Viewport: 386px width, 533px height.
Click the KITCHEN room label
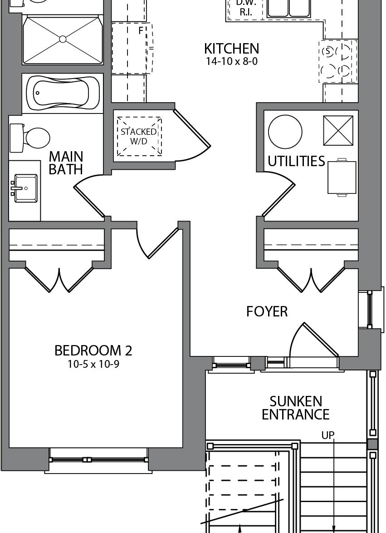[x=231, y=49]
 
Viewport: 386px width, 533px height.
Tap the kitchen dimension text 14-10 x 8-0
[x=231, y=62]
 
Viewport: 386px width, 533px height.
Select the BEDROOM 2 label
[x=93, y=350]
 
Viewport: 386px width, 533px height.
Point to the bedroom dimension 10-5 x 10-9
[x=93, y=365]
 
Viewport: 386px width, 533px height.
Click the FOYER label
[x=267, y=311]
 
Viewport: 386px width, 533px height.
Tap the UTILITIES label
[x=296, y=161]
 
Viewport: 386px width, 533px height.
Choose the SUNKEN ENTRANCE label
[x=296, y=408]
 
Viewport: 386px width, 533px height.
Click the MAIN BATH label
[x=66, y=163]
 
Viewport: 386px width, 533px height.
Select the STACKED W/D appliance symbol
[x=139, y=136]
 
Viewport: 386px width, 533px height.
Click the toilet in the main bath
[x=30, y=138]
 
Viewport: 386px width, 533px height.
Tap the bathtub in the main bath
[x=63, y=93]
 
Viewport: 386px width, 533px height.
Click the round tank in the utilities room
[x=285, y=132]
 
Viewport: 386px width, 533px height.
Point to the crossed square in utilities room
[x=338, y=130]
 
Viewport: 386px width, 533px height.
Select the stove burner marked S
[x=327, y=51]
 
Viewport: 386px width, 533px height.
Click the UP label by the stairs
[x=328, y=435]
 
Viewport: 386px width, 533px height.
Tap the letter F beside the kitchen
[x=141, y=30]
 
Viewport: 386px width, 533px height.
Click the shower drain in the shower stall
[x=63, y=39]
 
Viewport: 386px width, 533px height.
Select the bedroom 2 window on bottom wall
[x=98, y=460]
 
